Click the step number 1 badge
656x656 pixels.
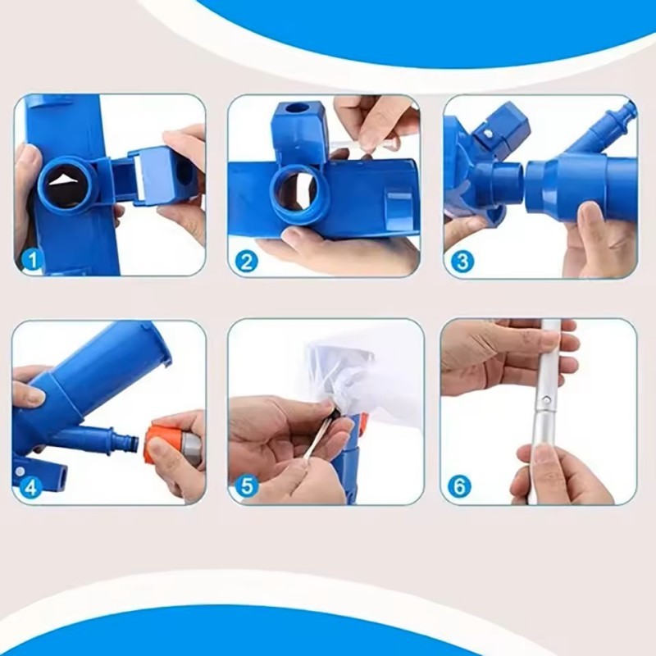tap(32, 261)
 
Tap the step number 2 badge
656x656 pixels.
tap(247, 262)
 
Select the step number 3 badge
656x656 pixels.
tap(462, 262)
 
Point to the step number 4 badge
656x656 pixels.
tap(31, 486)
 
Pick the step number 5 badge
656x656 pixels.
tap(247, 486)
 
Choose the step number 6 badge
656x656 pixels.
tap(459, 486)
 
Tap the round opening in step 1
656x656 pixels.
tap(69, 181)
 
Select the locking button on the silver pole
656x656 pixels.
tap(545, 400)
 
